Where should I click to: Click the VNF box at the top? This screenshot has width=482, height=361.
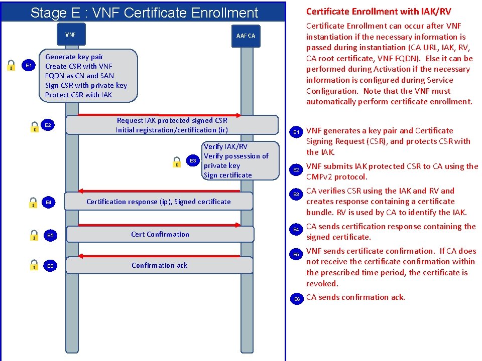coord(71,35)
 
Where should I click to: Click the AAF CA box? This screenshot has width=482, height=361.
coord(246,36)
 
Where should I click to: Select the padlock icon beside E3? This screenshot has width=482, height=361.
coord(177,161)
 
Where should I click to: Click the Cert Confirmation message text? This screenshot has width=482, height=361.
coord(160,234)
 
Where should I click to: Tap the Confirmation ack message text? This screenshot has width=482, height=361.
coord(160,265)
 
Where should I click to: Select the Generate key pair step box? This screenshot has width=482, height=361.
coord(87,76)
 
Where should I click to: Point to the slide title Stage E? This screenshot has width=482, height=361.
coord(144,13)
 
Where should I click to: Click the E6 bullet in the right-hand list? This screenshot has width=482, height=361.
coord(297,299)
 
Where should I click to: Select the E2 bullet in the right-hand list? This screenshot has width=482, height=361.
coord(297,170)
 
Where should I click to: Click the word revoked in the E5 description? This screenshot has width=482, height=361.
coord(322,284)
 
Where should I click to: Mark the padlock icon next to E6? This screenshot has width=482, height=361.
coord(33,265)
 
